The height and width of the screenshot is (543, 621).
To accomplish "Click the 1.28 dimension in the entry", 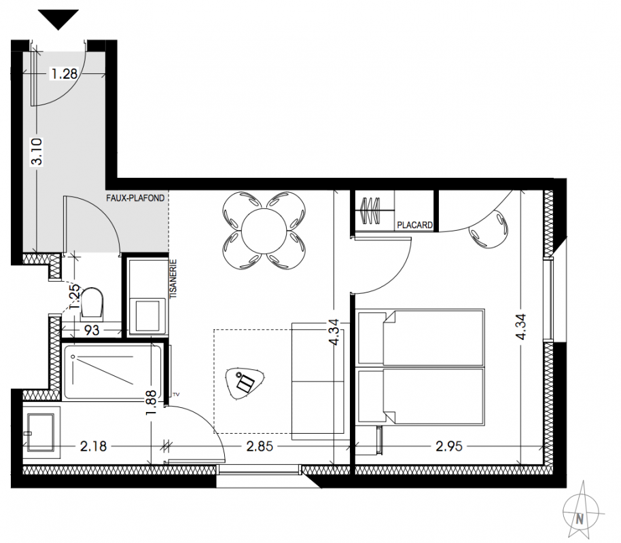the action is (64, 73).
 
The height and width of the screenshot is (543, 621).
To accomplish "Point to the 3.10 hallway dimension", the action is (37, 151).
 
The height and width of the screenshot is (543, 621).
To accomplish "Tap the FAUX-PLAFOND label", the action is (135, 198).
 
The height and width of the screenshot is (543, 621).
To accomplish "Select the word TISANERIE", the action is (173, 278).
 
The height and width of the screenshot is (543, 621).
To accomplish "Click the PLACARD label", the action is (414, 225).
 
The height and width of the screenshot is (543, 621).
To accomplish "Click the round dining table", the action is (264, 230).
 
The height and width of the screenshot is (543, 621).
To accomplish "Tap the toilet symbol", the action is (92, 302).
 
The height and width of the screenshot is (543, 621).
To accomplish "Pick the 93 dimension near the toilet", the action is (92, 330).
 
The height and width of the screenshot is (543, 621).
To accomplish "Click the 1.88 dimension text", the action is (152, 403).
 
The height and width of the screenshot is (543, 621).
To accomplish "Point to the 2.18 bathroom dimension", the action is (93, 447).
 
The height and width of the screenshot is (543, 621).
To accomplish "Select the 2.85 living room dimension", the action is (260, 447).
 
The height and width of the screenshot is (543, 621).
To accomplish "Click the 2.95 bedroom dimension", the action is (448, 447).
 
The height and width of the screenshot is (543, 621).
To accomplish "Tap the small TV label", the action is (177, 394).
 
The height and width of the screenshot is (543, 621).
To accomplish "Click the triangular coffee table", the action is (245, 383).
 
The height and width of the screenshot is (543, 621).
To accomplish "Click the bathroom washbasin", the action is (40, 432).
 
